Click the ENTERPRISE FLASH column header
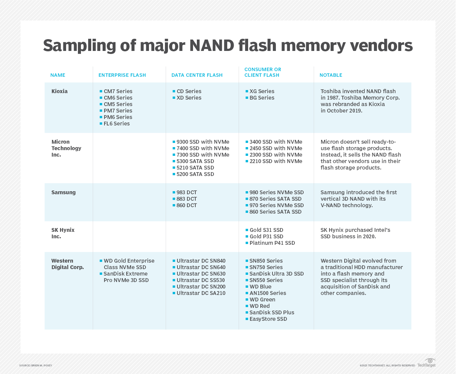[122, 75]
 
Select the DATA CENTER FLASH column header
[197, 75]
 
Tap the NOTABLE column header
[331, 75]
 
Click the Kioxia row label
[59, 91]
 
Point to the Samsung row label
[63, 192]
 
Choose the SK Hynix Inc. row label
[63, 233]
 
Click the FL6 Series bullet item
[117, 124]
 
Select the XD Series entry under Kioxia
[189, 98]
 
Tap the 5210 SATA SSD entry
[195, 168]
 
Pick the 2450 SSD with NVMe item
[276, 148]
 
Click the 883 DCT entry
[187, 199]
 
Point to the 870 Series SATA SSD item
[275, 199]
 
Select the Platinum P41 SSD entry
[272, 243]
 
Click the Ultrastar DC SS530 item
[201, 280]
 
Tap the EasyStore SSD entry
[268, 319]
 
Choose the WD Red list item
[260, 306]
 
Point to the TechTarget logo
[427, 363]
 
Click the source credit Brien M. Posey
[36, 366]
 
